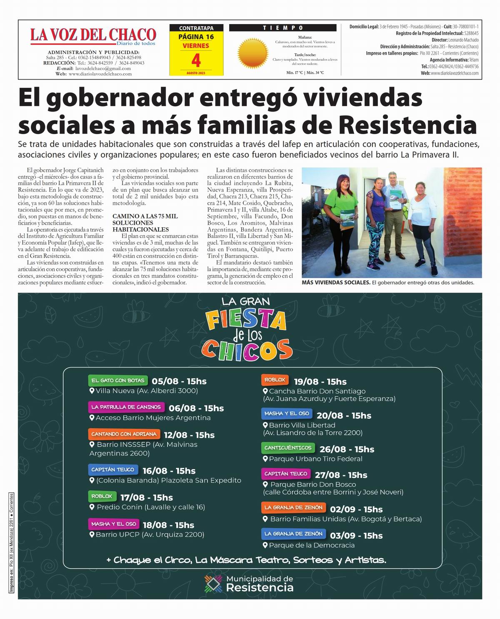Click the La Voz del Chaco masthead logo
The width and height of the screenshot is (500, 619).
(x=93, y=36)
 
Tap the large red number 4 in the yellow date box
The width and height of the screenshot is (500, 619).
(x=196, y=61)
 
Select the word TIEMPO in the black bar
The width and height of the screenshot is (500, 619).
(x=283, y=28)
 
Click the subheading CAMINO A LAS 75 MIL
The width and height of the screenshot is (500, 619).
(x=145, y=216)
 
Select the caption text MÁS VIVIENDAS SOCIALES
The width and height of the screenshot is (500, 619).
(x=336, y=283)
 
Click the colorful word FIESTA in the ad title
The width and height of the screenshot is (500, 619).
(x=246, y=321)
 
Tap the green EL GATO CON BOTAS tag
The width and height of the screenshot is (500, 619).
(x=118, y=380)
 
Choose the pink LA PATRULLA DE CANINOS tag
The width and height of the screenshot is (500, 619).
(x=126, y=407)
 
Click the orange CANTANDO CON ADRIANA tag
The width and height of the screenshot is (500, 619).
(x=124, y=434)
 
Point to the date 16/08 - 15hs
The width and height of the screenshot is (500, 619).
(x=169, y=471)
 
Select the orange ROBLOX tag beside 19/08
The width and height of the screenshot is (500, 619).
(x=275, y=380)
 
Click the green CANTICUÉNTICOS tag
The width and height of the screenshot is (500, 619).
(x=287, y=448)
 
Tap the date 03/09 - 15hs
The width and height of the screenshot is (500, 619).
(x=356, y=536)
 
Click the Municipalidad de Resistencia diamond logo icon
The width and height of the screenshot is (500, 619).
(x=213, y=584)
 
